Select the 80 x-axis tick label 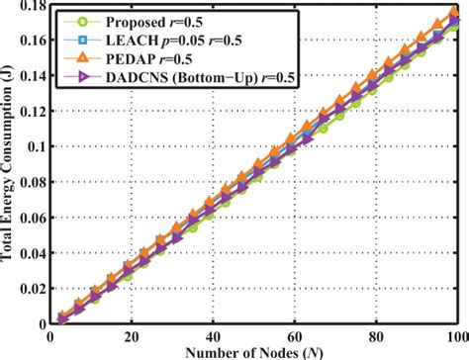376,336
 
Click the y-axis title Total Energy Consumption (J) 10,163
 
